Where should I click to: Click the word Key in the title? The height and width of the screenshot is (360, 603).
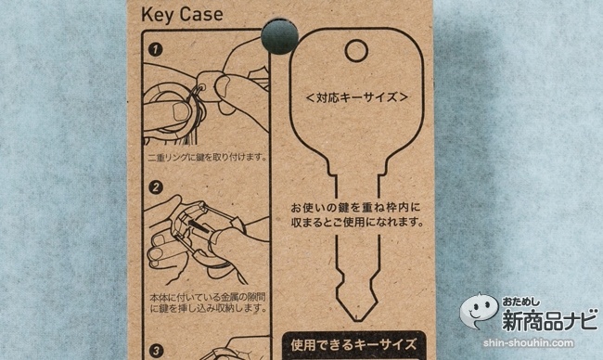[157, 16]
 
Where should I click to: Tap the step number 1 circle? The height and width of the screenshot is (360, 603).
[155, 49]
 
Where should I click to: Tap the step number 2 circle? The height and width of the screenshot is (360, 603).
[156, 187]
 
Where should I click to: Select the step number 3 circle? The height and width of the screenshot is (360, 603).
[156, 351]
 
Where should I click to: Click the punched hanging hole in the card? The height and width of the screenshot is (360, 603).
[279, 36]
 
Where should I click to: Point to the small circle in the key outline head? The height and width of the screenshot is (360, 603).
[356, 51]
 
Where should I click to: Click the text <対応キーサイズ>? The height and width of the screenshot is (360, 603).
[356, 97]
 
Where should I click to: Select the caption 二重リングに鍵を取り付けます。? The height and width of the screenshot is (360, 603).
[207, 158]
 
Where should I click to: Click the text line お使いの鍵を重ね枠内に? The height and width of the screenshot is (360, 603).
[355, 208]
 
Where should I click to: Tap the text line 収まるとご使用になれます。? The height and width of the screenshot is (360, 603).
[357, 222]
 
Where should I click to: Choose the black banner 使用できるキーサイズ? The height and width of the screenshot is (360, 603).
[353, 344]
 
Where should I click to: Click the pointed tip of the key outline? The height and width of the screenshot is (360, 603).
[356, 320]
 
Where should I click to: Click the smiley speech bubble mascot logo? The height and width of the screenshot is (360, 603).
[479, 311]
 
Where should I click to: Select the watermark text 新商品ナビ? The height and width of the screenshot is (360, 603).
[550, 319]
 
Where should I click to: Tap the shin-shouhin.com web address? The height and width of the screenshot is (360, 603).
[529, 342]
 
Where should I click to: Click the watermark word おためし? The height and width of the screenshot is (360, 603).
[520, 302]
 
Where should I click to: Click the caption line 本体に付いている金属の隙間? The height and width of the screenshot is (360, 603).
[208, 298]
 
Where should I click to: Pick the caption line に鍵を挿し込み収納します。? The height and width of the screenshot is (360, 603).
[208, 308]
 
